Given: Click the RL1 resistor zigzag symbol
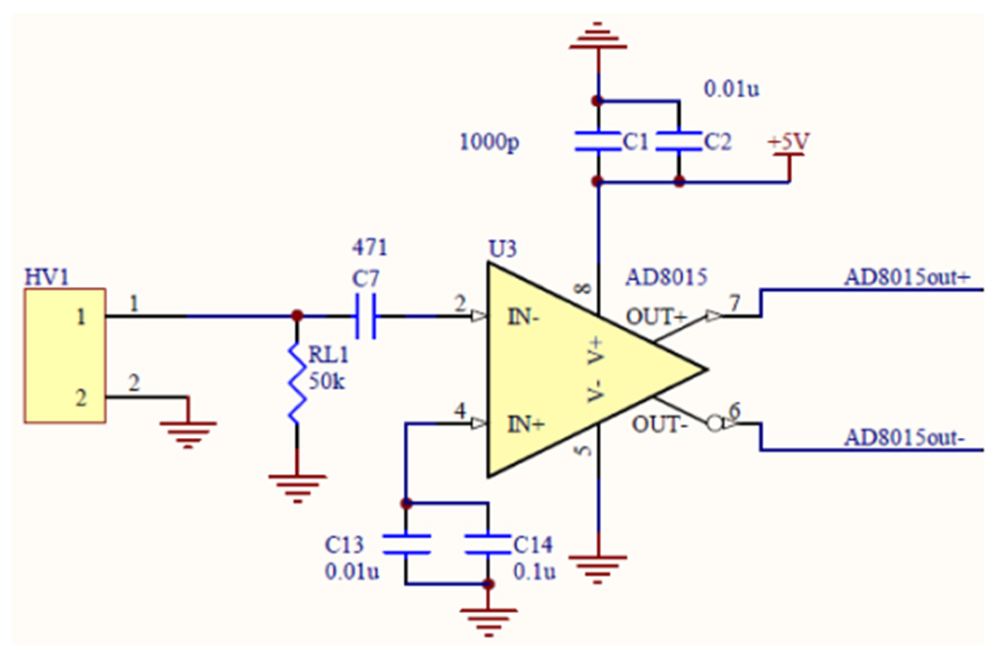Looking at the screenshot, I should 297,384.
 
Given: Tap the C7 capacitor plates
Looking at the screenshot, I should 365,316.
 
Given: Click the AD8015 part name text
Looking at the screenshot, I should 666,277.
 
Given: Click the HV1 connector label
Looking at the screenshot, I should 46,277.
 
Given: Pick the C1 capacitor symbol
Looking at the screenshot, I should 598,141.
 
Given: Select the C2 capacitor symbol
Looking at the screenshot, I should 679,141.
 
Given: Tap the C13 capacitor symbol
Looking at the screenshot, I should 406,544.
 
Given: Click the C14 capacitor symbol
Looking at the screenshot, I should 488,544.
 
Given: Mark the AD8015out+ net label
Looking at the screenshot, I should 907,277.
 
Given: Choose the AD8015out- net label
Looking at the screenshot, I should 904,438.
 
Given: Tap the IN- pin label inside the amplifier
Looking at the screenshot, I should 523,317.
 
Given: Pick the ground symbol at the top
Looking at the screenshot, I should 598,38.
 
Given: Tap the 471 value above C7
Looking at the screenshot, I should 369,248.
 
